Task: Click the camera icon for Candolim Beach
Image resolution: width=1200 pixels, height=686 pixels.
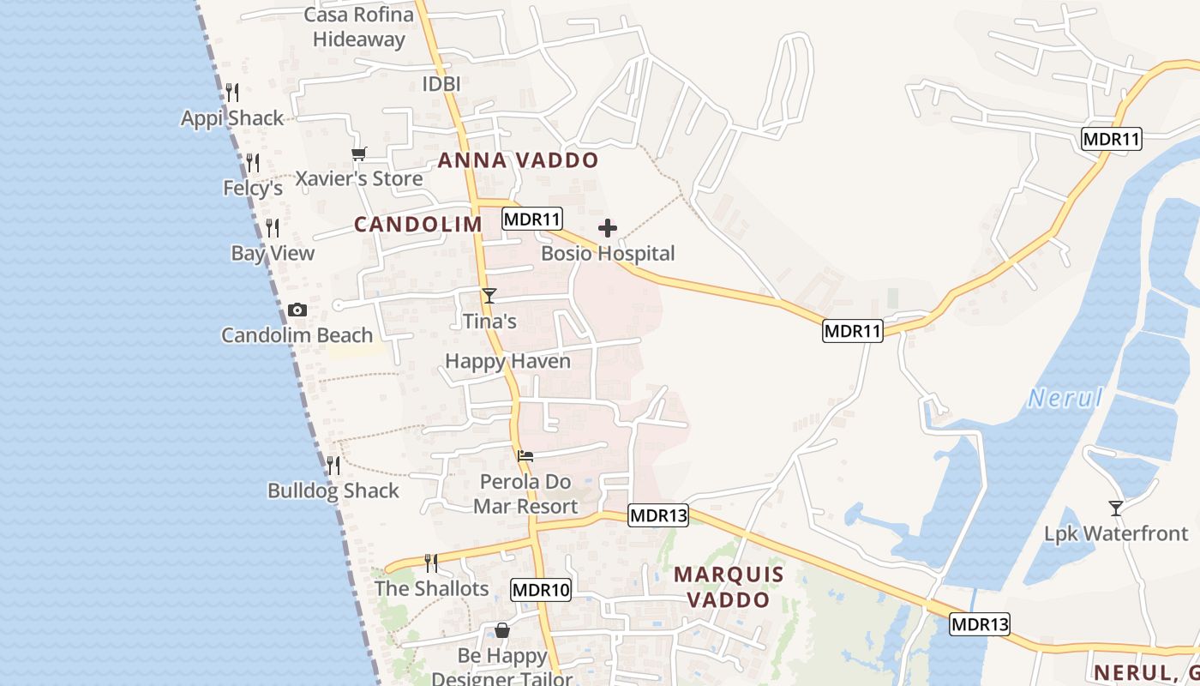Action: pyautogui.click(x=297, y=310)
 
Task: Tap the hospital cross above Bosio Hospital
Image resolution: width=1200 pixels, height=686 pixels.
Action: pyautogui.click(x=608, y=228)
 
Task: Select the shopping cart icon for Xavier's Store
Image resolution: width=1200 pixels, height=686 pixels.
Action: pyautogui.click(x=358, y=153)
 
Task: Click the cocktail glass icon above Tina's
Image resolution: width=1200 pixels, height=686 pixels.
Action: pyautogui.click(x=489, y=296)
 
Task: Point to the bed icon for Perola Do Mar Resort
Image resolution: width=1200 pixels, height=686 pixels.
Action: pyautogui.click(x=525, y=455)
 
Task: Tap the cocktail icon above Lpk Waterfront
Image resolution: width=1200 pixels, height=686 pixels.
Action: pyautogui.click(x=1115, y=508)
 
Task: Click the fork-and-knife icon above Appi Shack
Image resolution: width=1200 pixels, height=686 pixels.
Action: pyautogui.click(x=232, y=93)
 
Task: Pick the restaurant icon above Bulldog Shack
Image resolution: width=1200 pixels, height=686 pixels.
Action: pyautogui.click(x=333, y=466)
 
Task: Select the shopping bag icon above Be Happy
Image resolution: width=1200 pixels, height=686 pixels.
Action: pyautogui.click(x=502, y=631)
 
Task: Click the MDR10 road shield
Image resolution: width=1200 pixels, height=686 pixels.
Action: pyautogui.click(x=541, y=590)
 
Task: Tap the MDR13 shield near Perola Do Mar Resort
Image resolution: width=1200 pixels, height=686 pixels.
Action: pyautogui.click(x=658, y=515)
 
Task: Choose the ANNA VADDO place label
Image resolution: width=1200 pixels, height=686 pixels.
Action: pyautogui.click(x=518, y=160)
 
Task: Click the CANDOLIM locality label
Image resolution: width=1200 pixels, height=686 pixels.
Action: pyautogui.click(x=418, y=225)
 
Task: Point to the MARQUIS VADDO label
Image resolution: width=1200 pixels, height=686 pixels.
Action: pyautogui.click(x=729, y=587)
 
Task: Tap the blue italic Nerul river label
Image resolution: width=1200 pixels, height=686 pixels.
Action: pyautogui.click(x=1065, y=398)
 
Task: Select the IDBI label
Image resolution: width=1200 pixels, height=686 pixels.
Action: pyautogui.click(x=441, y=84)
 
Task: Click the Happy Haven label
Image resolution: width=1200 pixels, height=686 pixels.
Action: pyautogui.click(x=507, y=361)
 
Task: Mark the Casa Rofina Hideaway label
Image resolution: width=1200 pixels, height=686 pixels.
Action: pyautogui.click(x=359, y=27)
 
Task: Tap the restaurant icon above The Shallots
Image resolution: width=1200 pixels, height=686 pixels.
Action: pyautogui.click(x=431, y=563)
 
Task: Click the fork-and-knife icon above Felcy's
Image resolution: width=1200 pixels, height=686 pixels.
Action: pyautogui.click(x=253, y=162)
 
